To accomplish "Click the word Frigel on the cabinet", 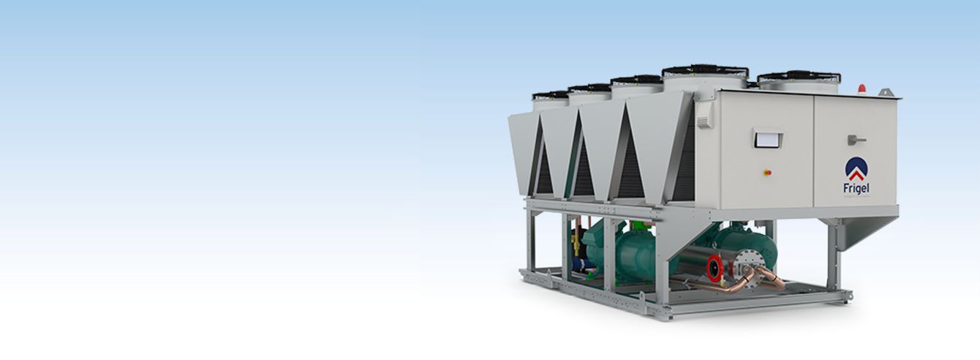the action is pyautogui.click(x=856, y=188).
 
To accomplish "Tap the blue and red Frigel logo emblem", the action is pyautogui.click(x=856, y=168).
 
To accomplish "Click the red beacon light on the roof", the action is pyautogui.click(x=862, y=89).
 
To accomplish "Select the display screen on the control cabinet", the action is pyautogui.click(x=767, y=139).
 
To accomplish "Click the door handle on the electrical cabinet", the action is pyautogui.click(x=856, y=140).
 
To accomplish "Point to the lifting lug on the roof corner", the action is pyautogui.click(x=886, y=92).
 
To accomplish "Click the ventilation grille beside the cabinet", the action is pyautogui.click(x=705, y=116).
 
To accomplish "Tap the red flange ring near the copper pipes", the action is pyautogui.click(x=714, y=267).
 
